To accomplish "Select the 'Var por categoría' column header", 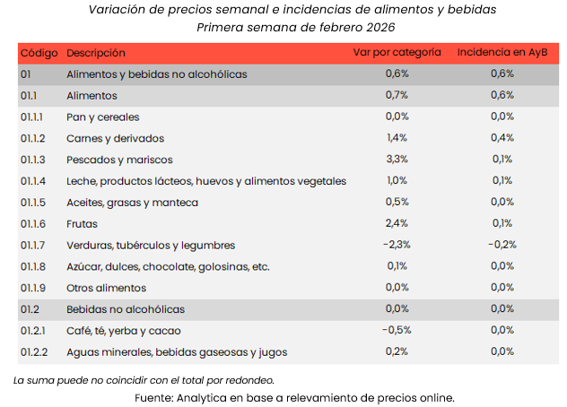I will [x=396, y=53].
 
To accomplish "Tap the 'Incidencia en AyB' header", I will [x=502, y=53].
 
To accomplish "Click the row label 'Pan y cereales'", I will [x=103, y=117].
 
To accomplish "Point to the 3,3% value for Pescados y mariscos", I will [x=397, y=160].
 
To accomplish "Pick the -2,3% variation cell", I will [x=396, y=245].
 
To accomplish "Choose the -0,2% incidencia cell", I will [x=502, y=245].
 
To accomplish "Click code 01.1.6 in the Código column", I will [x=34, y=223].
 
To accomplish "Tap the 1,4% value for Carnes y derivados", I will [x=397, y=138].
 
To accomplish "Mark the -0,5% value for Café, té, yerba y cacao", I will [x=396, y=330].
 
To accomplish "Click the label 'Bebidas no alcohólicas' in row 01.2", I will [x=126, y=309].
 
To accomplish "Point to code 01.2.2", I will [x=34, y=351].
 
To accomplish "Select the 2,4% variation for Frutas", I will [x=397, y=223].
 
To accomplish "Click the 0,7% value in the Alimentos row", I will [x=397, y=95].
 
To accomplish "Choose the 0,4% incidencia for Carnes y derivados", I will [x=502, y=138].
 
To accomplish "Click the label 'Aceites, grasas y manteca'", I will [x=132, y=202].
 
